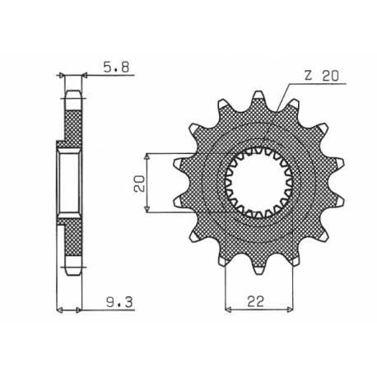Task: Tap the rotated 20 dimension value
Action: pos(141,184)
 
